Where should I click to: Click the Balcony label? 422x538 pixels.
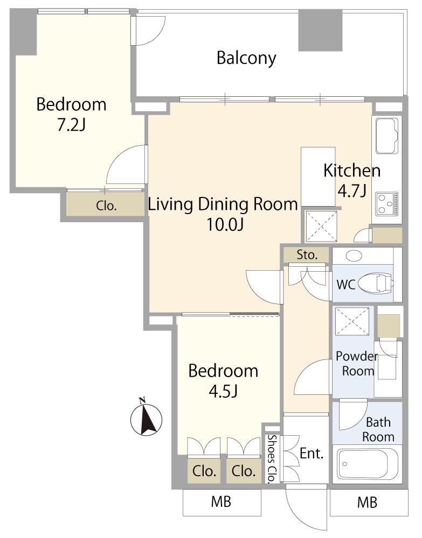coord(246,58)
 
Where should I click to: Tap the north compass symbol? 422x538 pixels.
coord(147,417)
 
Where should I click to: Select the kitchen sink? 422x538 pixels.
coord(388,136)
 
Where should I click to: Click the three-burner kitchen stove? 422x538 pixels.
coord(387,203)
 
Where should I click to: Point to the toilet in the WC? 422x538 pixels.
coord(375,284)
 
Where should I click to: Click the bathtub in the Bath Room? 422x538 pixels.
coord(368,464)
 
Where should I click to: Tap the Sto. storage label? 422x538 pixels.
coord(307,255)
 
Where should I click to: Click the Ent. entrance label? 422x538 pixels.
coord(312,453)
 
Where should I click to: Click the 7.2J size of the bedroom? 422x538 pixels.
coord(71,125)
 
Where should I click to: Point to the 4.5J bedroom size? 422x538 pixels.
coord(223,391)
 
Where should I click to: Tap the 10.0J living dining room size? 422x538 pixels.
coord(225,225)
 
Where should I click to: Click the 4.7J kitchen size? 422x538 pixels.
coord(351,191)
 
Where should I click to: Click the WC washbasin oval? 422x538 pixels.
coord(354,256)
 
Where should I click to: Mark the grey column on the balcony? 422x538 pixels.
coord(320,31)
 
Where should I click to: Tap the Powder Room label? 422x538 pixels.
coord(356,364)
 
